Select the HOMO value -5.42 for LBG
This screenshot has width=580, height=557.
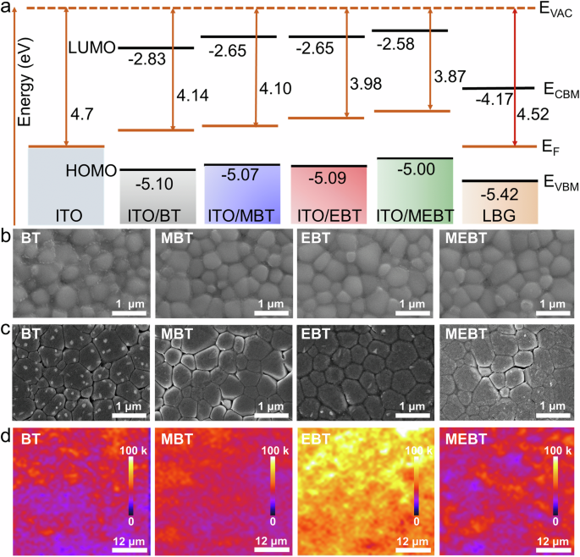tap(489, 191)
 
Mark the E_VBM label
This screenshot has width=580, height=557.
tap(559, 180)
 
